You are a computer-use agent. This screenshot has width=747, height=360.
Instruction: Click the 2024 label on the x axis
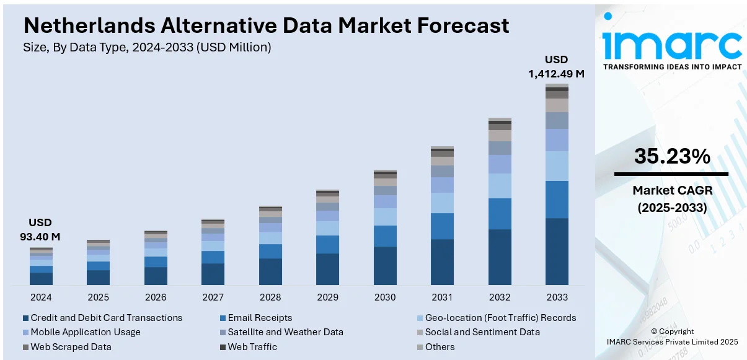point(41,297)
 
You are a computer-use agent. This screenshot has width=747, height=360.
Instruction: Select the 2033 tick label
point(557,297)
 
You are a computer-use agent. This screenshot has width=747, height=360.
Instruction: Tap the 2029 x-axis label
point(327,297)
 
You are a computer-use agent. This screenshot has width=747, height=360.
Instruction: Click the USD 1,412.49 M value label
point(556,67)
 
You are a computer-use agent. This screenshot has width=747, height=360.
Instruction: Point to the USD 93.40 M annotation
point(41,229)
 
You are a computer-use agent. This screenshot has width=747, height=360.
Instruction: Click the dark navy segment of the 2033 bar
point(557,251)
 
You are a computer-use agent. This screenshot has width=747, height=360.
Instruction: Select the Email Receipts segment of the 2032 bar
point(500,214)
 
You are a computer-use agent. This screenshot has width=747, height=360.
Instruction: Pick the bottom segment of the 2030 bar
point(385,266)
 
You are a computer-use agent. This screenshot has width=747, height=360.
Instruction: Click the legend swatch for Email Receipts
point(223,318)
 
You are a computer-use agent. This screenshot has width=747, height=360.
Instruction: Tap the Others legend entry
point(440,347)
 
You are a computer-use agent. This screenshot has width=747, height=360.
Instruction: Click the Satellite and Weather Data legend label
point(285,332)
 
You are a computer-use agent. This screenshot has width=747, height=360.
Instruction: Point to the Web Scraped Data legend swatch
point(25,347)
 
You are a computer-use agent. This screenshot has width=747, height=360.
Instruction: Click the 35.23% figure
point(672,157)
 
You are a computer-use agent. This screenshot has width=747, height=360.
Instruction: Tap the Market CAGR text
point(672,190)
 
